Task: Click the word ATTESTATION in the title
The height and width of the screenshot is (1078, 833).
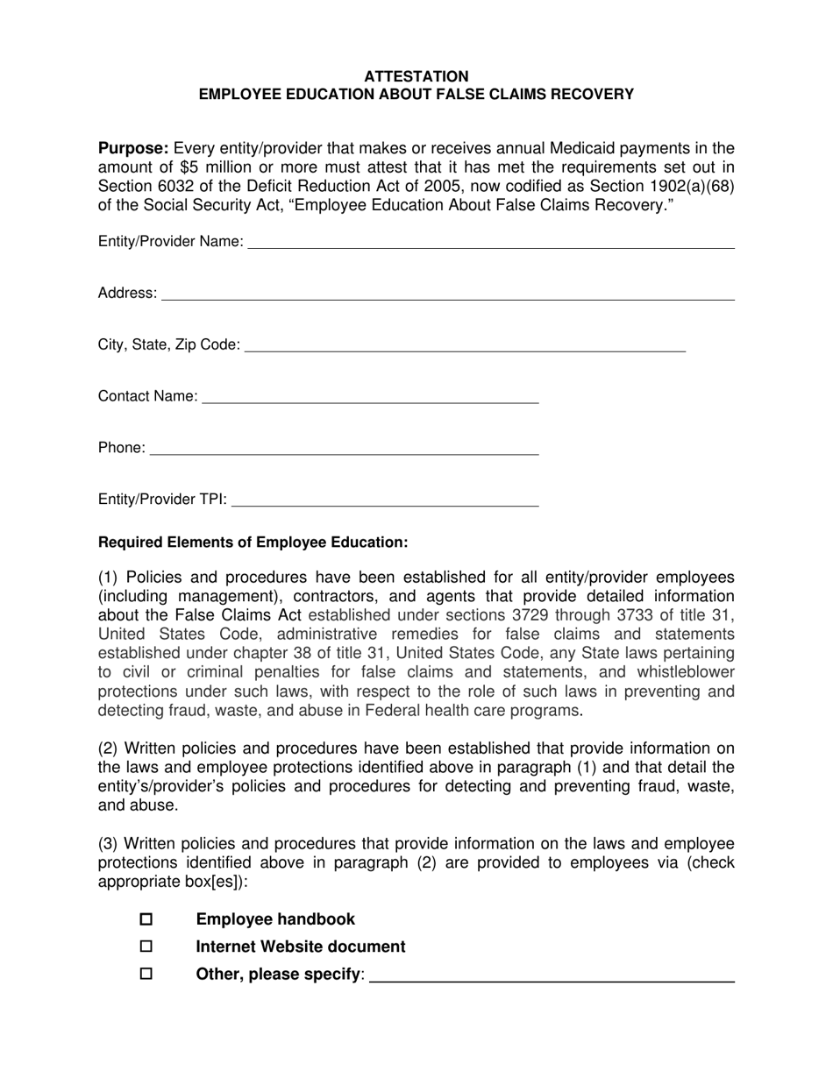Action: click(416, 76)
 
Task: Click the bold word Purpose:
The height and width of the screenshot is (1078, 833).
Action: click(133, 148)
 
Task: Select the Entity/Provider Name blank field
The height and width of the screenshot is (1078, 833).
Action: click(491, 243)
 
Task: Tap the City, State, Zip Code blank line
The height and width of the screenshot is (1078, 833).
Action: click(465, 345)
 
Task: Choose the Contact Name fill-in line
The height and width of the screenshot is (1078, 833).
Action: click(370, 397)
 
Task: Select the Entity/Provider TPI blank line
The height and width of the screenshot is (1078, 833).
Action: click(385, 500)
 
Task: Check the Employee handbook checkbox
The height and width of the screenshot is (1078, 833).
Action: click(146, 919)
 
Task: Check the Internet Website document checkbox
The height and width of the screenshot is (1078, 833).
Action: click(146, 947)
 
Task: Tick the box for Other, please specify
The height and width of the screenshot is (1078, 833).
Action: click(146, 974)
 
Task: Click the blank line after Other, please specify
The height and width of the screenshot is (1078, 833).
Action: click(552, 975)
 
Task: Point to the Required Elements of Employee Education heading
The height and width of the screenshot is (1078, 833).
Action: click(253, 543)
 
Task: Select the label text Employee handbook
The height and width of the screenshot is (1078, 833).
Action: click(275, 919)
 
